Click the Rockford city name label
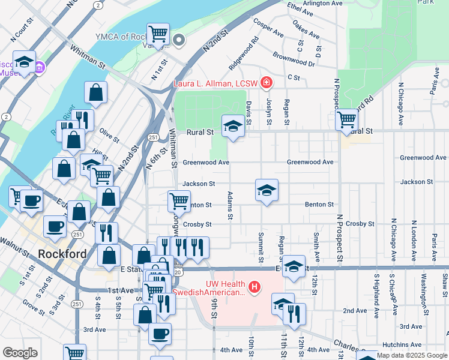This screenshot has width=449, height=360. (x=62, y=254)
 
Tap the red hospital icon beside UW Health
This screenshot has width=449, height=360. (x=255, y=288)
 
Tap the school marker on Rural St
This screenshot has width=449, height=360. (x=233, y=126)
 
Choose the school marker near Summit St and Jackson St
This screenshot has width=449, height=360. (x=267, y=190)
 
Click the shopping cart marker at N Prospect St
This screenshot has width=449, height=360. (x=346, y=119)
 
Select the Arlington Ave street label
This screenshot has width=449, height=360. (x=322, y=4)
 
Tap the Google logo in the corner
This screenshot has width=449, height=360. (x=20, y=353)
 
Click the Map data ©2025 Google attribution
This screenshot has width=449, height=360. (x=412, y=355)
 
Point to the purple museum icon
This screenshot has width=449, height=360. (x=40, y=66)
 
